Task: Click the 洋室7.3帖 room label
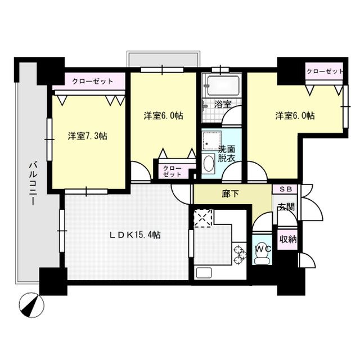pos(88,136)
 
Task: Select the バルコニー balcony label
pos(33,183)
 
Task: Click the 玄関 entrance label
pos(286,207)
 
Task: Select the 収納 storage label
pos(288,239)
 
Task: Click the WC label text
pos(262,248)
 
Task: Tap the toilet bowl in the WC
pos(262,258)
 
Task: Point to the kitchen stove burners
pos(240,253)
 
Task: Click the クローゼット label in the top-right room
pos(325,71)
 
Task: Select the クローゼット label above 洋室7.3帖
pos(92,81)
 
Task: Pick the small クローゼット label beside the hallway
pos(168,171)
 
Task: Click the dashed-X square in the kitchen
pos(202,219)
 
